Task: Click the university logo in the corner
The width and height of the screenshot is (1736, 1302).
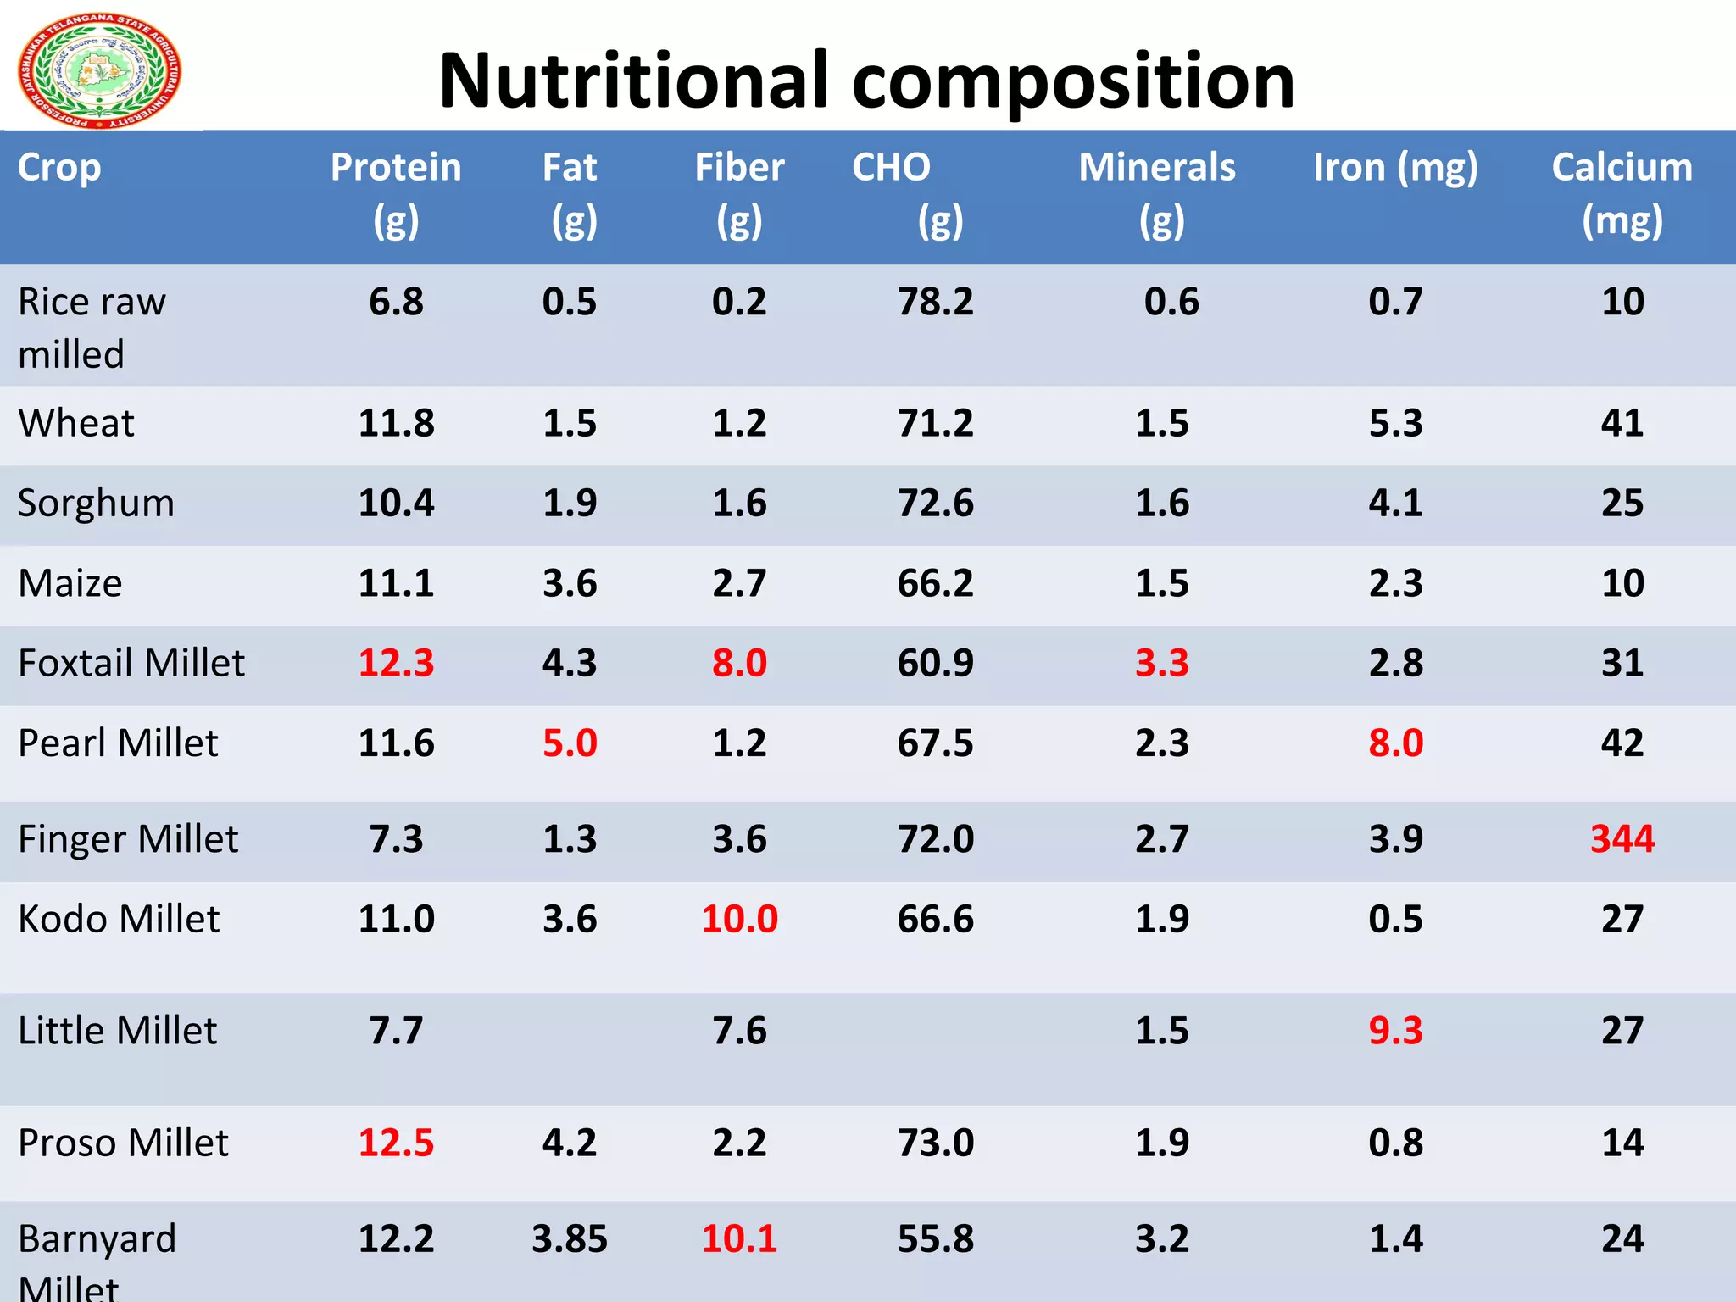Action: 99,71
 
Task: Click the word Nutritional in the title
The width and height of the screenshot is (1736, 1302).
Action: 632,81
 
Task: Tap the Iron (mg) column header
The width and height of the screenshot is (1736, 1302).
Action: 1395,168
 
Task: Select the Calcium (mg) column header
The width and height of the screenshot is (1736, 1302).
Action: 1622,192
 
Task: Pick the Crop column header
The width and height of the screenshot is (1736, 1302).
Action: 59,168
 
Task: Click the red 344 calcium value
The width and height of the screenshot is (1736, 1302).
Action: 1622,839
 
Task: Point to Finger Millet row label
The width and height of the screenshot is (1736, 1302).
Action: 128,839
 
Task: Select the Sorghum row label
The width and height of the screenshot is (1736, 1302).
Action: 96,504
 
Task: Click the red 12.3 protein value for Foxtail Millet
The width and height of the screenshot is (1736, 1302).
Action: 396,663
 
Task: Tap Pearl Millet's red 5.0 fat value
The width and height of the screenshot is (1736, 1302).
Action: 570,743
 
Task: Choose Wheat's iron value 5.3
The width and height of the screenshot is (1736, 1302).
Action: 1395,423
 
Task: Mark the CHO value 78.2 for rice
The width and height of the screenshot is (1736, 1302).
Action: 936,302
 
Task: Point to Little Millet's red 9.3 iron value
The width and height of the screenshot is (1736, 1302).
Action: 1395,1031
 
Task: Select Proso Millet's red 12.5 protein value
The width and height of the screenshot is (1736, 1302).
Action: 396,1143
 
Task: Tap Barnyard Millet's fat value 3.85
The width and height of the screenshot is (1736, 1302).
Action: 570,1239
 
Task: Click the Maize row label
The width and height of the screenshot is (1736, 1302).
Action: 70,583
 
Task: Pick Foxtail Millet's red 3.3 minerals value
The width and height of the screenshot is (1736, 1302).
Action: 1161,663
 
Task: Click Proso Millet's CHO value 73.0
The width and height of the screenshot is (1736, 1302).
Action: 936,1143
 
